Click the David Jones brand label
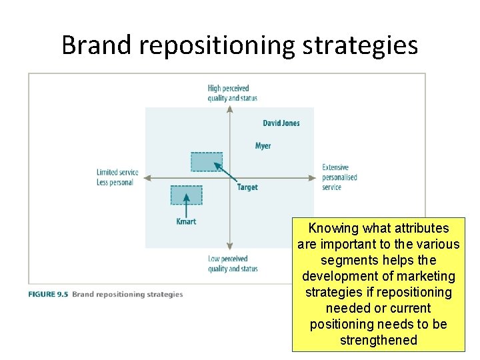(x=281, y=123)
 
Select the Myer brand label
(x=263, y=146)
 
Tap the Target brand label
(x=247, y=187)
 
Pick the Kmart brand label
(x=186, y=221)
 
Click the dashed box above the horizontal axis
(x=207, y=162)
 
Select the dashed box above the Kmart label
(x=186, y=195)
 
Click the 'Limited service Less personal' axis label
(x=117, y=177)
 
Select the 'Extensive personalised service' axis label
(x=339, y=177)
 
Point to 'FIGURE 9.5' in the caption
(x=48, y=294)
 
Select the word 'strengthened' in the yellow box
(x=378, y=340)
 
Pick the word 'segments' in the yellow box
(x=346, y=260)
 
